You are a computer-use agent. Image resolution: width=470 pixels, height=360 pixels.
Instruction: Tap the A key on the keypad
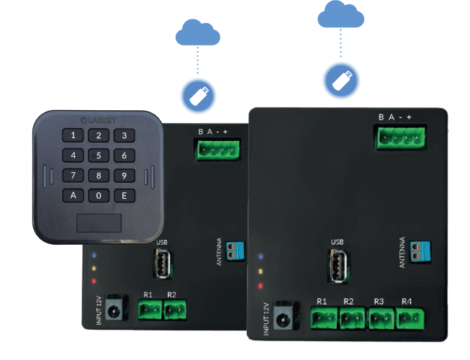(x=73, y=195)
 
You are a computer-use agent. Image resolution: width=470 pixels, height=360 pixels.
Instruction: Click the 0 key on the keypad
(x=99, y=195)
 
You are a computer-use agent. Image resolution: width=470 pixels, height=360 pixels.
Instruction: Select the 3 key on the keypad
(x=124, y=135)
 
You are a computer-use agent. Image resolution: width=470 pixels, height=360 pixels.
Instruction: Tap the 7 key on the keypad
(x=73, y=175)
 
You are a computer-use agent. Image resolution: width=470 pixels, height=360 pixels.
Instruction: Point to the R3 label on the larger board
(x=379, y=300)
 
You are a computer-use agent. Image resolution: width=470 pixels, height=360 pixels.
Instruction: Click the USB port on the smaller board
(x=162, y=264)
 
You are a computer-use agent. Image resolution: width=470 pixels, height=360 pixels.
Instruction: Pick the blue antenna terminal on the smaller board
(x=234, y=248)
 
